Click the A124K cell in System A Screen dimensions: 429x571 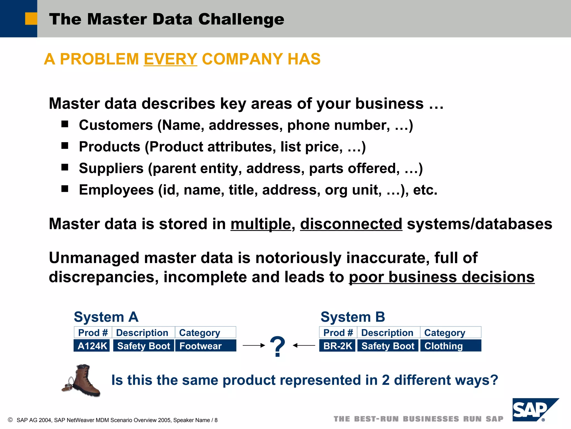click(92, 346)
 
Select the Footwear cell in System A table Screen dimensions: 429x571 click(205, 346)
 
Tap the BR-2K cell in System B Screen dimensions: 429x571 click(337, 346)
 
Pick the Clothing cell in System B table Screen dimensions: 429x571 click(450, 346)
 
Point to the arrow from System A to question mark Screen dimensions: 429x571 click(253, 345)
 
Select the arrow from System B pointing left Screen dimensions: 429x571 click(304, 345)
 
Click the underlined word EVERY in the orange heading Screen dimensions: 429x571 click(170, 59)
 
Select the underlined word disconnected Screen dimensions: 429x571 click(351, 224)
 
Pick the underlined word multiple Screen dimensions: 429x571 click(261, 224)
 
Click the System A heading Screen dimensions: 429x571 click(106, 317)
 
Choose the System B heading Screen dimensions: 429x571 click(353, 317)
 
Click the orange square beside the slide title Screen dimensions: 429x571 click(31, 19)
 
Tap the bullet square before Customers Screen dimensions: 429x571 click(65, 124)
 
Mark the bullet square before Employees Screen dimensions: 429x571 click(65, 189)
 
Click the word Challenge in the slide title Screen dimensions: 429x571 click(241, 19)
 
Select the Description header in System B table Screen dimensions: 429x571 click(387, 332)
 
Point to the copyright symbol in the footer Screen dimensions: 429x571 click(10, 420)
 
